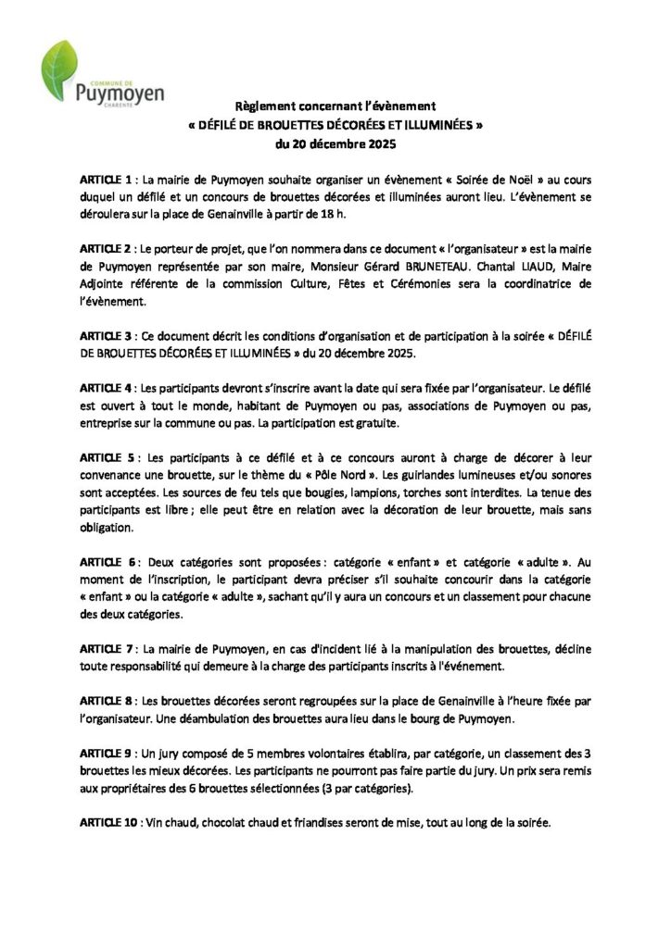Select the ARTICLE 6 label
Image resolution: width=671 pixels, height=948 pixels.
point(109,562)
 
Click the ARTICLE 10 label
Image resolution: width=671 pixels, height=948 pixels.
point(112,821)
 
